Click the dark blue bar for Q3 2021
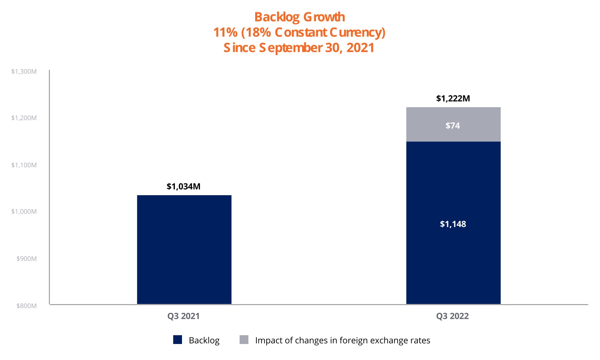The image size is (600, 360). pos(184,250)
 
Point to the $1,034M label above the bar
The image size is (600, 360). pos(184,186)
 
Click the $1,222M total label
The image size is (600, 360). pos(453,98)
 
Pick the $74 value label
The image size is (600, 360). pos(453,126)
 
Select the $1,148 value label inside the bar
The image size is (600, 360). pos(453,224)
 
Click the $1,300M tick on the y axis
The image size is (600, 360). pos(24,72)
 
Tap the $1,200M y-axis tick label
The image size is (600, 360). pos(24,118)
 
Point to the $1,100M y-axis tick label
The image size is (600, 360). pos(24,165)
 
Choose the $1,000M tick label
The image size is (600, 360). pos(24,212)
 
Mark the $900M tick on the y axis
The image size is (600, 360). pos(26,259)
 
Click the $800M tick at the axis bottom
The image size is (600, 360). pos(26,306)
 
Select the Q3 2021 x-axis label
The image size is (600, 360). pos(184,316)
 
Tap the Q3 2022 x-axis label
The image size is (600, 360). pos(452,316)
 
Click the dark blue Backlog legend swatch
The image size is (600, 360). pos(178,340)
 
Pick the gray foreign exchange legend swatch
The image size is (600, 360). pos(244,340)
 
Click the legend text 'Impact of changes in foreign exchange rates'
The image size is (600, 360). pos(342,340)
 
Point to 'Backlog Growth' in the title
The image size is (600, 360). pos(300,17)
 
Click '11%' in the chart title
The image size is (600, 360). pos(225,32)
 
